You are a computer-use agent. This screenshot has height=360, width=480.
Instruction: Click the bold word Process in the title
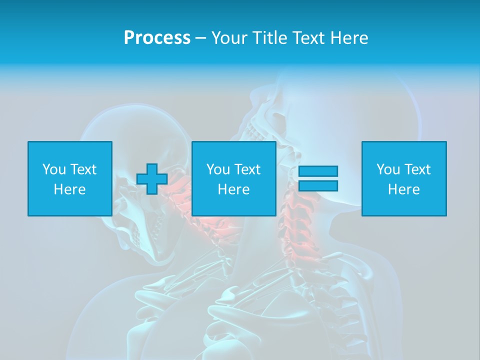pyautogui.click(x=157, y=38)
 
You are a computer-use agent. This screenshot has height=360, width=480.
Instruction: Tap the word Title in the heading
pyautogui.click(x=270, y=38)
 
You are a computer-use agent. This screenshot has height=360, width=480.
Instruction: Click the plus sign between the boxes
pyautogui.click(x=152, y=179)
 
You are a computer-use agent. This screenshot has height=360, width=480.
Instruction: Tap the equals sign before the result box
pyautogui.click(x=318, y=178)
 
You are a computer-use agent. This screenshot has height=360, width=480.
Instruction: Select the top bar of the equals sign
pyautogui.click(x=318, y=171)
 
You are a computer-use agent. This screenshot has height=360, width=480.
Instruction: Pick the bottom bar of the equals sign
pyautogui.click(x=318, y=186)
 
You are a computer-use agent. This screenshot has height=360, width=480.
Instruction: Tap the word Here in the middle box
pyautogui.click(x=234, y=189)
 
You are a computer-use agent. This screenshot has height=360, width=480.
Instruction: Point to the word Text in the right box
pyautogui.click(x=416, y=169)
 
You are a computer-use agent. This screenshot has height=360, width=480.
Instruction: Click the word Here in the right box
pyautogui.click(x=404, y=189)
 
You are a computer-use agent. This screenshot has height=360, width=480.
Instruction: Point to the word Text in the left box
pyautogui.click(x=82, y=169)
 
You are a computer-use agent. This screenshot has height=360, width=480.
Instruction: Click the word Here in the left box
pyautogui.click(x=70, y=189)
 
